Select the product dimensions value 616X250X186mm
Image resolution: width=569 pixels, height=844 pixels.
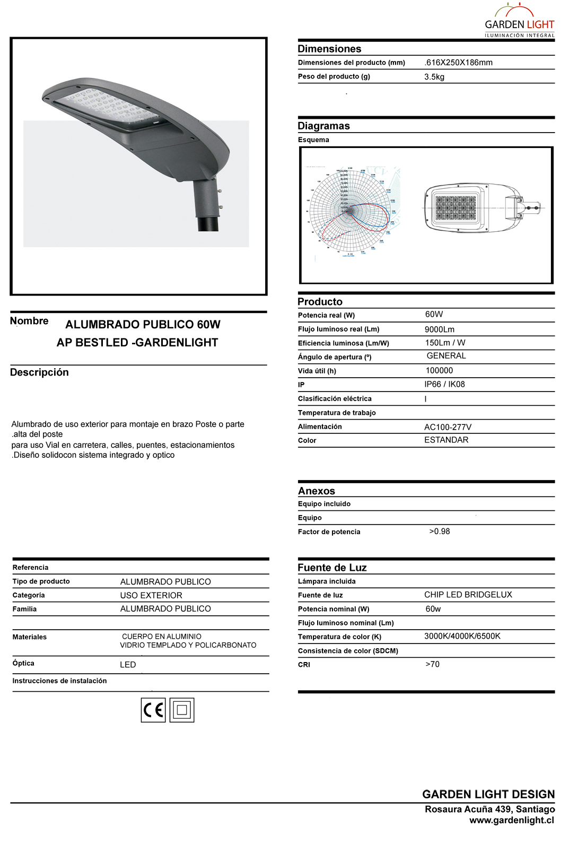coord(459,63)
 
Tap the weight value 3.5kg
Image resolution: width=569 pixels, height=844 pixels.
coord(434,77)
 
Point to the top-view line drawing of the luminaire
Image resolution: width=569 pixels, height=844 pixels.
coord(482,207)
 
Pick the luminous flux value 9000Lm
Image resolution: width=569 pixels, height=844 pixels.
coord(440,329)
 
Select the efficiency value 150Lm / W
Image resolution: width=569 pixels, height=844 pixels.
coord(445,343)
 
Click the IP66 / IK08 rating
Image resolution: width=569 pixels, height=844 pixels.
coord(444,384)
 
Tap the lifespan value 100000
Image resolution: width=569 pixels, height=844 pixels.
coord(439,370)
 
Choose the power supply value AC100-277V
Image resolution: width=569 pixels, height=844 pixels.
coord(448,427)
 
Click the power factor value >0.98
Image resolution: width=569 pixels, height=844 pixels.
coord(440,531)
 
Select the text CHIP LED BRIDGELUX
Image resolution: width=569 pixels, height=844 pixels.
coord(468,595)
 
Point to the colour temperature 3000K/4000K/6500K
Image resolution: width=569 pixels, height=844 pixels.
coord(462,636)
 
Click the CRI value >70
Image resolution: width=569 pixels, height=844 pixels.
coord(433,664)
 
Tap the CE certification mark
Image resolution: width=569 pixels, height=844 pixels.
coord(153,710)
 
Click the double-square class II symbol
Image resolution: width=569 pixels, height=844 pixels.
coord(182,710)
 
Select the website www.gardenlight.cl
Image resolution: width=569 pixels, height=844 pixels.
coord(511,820)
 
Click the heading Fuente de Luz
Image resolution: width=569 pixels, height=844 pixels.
coord(332,568)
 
